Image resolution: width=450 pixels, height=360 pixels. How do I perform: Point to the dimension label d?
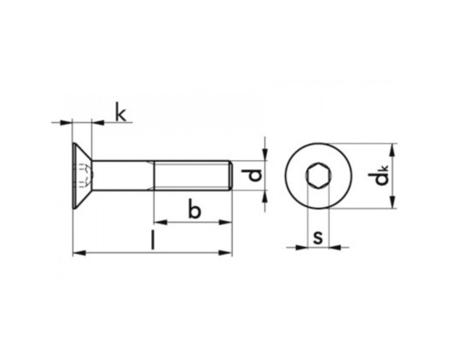(x=255, y=175)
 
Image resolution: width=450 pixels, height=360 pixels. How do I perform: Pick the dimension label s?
(x=318, y=236)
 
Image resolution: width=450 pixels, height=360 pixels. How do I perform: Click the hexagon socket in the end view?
(x=318, y=175)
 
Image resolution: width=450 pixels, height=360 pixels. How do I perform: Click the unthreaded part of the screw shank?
(x=122, y=175)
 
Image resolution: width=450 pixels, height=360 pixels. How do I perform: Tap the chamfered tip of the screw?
(x=230, y=175)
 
